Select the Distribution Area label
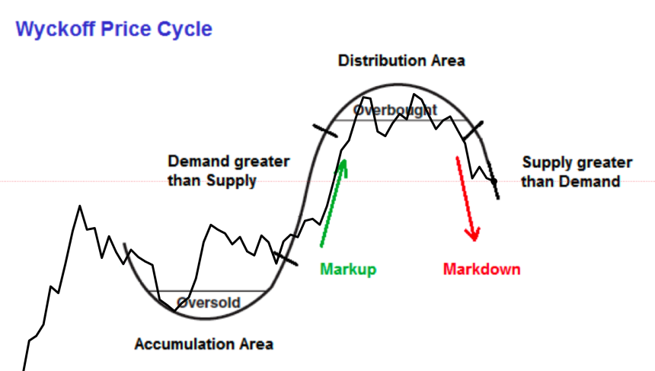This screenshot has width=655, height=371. pos(401,60)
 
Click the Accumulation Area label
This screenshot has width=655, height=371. pos(203,344)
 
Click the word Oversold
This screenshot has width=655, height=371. pos(208,302)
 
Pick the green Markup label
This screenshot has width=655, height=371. pos(348,269)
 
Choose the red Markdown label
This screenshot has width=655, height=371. pos(481,269)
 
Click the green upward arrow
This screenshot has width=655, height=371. pos(333,202)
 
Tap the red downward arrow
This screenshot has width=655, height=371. pos(466,198)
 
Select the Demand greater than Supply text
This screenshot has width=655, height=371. pos(228,171)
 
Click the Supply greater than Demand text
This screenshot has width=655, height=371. pos(577,171)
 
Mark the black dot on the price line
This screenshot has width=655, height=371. pos(494,181)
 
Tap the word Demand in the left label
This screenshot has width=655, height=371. pos(194,162)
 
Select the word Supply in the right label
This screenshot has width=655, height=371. pos(544,162)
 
